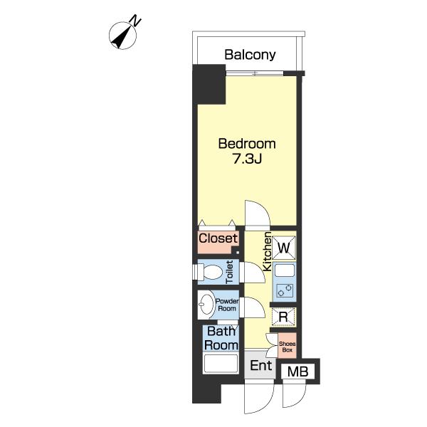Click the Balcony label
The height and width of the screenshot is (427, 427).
pyautogui.click(x=250, y=55)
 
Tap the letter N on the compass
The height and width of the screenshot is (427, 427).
pyautogui.click(x=136, y=21)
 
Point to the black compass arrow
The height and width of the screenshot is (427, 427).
pyautogui.click(x=121, y=38)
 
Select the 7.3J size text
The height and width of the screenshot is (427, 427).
pyautogui.click(x=247, y=159)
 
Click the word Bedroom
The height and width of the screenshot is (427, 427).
pyautogui.click(x=247, y=144)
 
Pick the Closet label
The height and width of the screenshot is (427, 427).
pyautogui.click(x=218, y=238)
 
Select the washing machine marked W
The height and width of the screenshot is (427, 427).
pyautogui.click(x=284, y=248)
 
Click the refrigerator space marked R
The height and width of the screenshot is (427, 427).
pyautogui.click(x=283, y=317)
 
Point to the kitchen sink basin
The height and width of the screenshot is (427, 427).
pyautogui.click(x=285, y=270)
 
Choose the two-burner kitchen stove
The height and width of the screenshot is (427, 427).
pyautogui.click(x=285, y=290)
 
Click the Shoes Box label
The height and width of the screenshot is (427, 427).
pyautogui.click(x=287, y=347)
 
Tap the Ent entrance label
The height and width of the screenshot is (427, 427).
pyautogui.click(x=261, y=366)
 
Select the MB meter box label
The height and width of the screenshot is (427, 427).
pyautogui.click(x=297, y=371)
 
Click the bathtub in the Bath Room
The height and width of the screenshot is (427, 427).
pyautogui.click(x=221, y=363)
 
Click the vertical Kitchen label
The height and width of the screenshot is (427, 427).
pyautogui.click(x=267, y=251)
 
